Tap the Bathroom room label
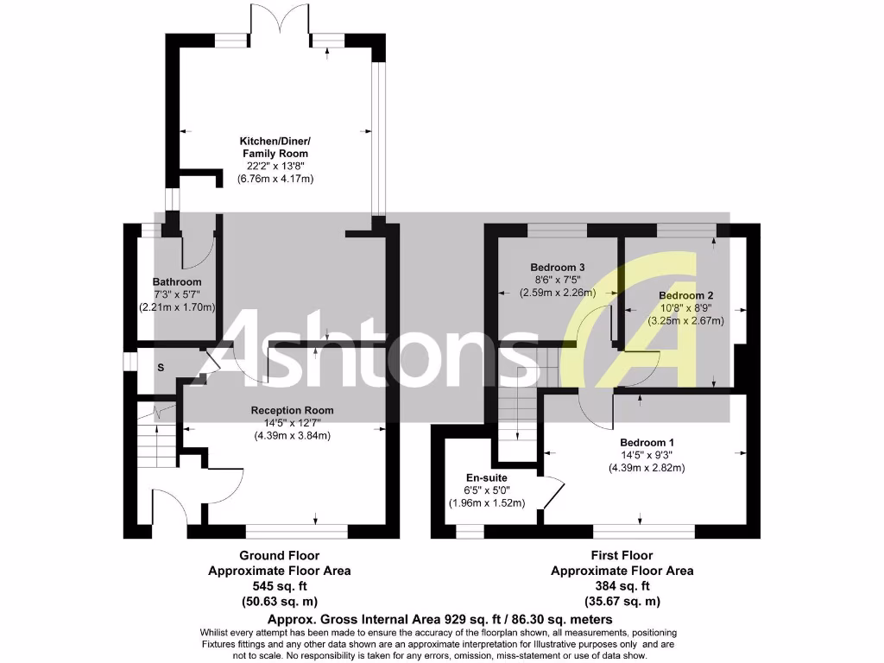pyautogui.click(x=177, y=282)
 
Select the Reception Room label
pyautogui.click(x=292, y=410)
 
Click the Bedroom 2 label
pyautogui.click(x=686, y=295)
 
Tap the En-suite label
pyautogui.click(x=487, y=477)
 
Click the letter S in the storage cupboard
pyautogui.click(x=161, y=368)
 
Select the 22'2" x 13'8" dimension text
pyautogui.click(x=275, y=166)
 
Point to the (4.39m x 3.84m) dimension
pyautogui.click(x=292, y=436)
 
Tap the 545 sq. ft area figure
pyautogui.click(x=280, y=586)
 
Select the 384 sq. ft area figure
pyautogui.click(x=622, y=586)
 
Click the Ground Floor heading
pyautogui.click(x=280, y=555)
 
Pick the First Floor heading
pyautogui.click(x=622, y=555)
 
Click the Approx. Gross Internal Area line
pyautogui.click(x=440, y=619)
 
